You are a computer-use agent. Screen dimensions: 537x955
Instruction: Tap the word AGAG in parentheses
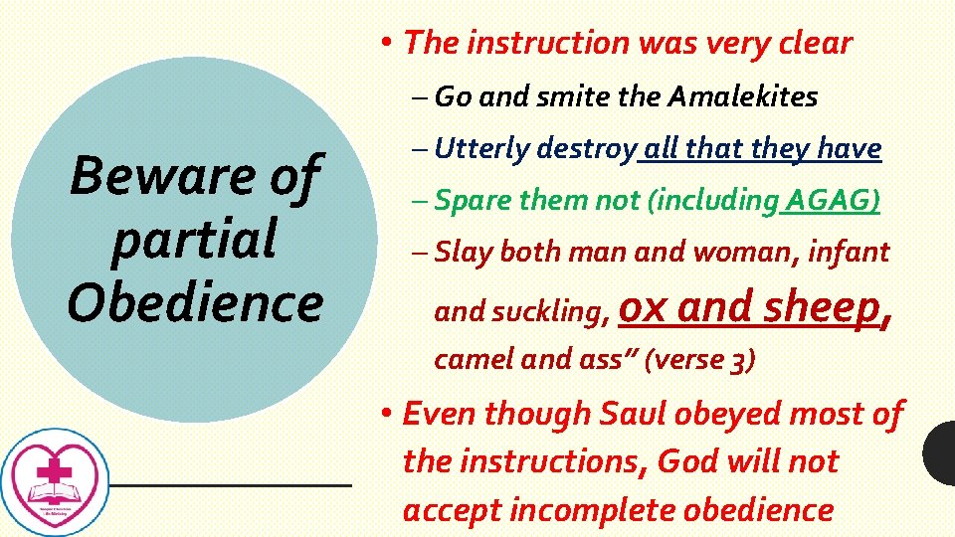[831, 201]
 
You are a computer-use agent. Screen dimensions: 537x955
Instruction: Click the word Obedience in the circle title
[195, 302]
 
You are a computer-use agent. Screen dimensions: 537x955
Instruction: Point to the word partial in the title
[194, 240]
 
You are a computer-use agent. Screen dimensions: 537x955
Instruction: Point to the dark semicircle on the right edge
[941, 453]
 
